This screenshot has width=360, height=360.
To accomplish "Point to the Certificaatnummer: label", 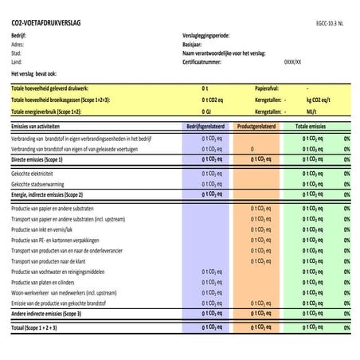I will tap(205, 61).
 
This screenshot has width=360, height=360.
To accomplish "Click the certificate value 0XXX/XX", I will tap(293, 61).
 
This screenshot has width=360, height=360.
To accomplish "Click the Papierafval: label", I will tap(267, 89).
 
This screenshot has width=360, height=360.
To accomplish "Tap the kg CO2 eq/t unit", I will tap(322, 101).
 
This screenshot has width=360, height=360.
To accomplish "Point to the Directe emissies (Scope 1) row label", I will tap(47, 159).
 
